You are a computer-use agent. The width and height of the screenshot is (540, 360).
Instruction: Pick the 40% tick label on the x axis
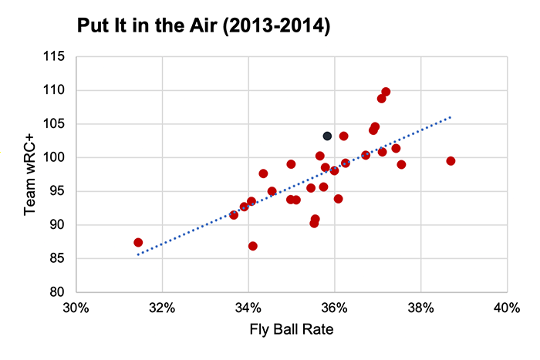point(506,308)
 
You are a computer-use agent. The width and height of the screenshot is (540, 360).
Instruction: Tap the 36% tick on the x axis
point(334,308)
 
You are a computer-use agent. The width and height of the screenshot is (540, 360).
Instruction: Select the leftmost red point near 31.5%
point(138,242)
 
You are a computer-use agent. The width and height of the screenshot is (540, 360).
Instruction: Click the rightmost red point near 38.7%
point(451,161)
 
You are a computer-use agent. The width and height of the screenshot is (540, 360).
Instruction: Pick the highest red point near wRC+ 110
point(386,92)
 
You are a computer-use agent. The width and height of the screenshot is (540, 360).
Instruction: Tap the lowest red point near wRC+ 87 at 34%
point(252,246)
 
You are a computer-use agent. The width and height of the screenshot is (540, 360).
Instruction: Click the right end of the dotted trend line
point(451,118)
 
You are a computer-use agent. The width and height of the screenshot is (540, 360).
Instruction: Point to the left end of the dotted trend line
point(137,254)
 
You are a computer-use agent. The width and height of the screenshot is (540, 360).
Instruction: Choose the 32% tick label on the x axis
point(162,308)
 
